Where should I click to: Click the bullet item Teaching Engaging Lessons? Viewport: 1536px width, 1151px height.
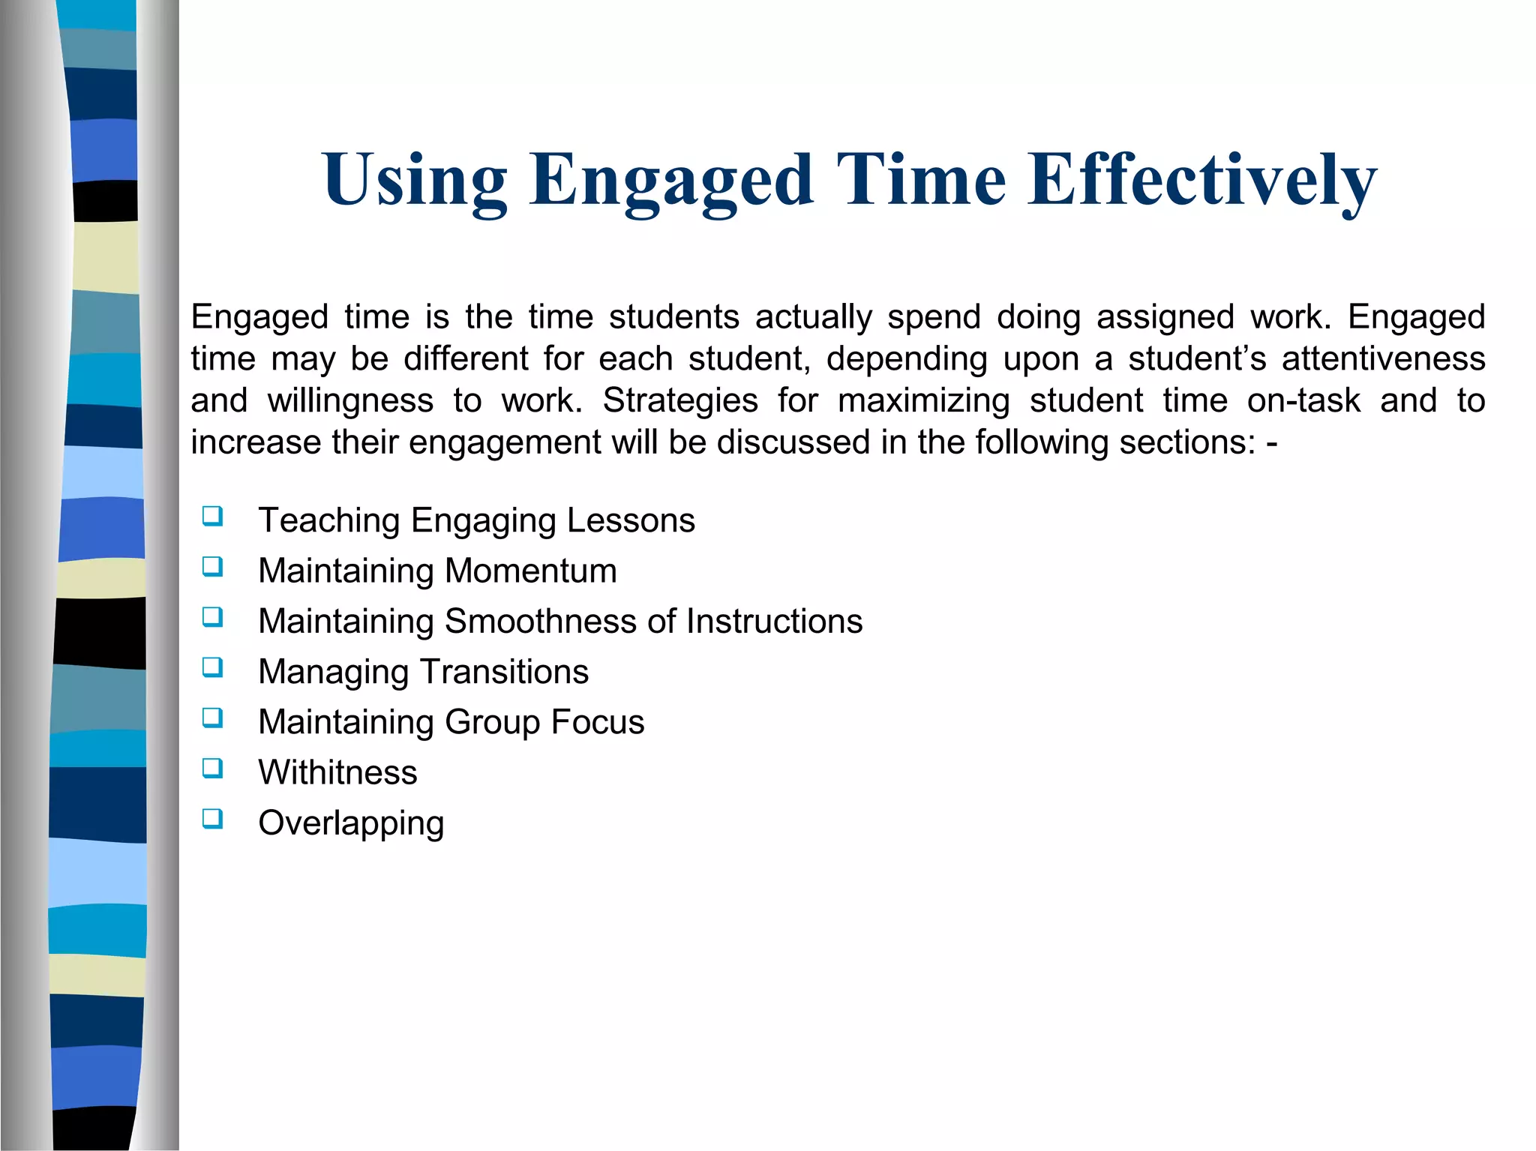476,520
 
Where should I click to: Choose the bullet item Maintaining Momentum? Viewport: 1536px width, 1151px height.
437,571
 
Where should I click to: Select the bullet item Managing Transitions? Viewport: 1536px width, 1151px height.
423,672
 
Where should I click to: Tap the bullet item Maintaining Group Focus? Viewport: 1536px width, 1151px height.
451,722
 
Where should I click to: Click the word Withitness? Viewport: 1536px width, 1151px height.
337,772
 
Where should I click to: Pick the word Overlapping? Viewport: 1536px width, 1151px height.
351,823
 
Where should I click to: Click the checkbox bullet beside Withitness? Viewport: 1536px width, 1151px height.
212,768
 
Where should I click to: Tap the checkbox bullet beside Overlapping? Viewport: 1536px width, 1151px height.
212,818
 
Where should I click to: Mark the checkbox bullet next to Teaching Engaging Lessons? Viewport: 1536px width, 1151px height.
212,516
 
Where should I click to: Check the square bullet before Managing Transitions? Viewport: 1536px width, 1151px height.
212,667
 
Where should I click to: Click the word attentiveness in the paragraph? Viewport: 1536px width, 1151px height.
1383,358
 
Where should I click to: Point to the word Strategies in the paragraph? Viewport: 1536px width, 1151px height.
680,400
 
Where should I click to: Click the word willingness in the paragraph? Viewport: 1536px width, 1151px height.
350,401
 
